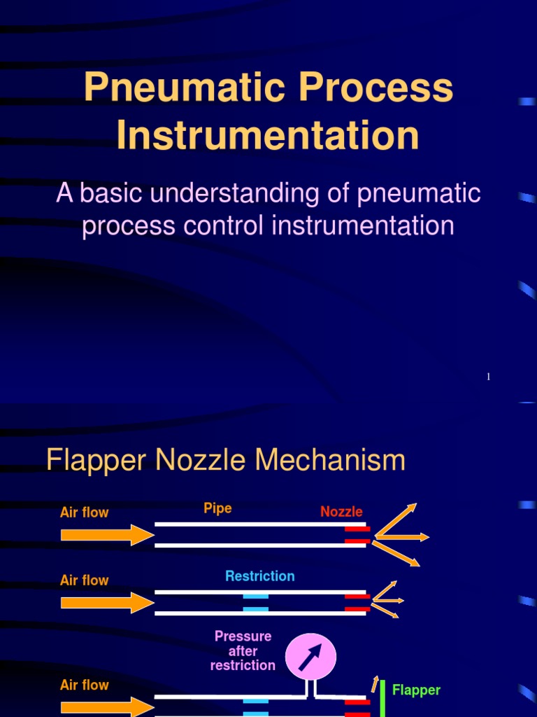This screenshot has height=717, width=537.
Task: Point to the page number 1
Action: (x=488, y=377)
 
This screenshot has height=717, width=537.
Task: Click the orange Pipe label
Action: (x=217, y=508)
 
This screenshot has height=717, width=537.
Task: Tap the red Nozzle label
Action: (x=341, y=512)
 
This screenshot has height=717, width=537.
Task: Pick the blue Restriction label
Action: (x=259, y=576)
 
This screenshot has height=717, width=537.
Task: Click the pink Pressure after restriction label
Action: (x=243, y=651)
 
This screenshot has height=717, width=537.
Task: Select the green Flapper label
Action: (x=416, y=690)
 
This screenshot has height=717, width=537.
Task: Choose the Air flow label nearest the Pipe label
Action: (x=85, y=513)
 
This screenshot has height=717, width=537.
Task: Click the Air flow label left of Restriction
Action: (x=85, y=580)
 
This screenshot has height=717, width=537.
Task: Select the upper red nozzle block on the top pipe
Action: (x=357, y=529)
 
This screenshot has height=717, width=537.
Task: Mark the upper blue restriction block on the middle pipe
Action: (x=255, y=596)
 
